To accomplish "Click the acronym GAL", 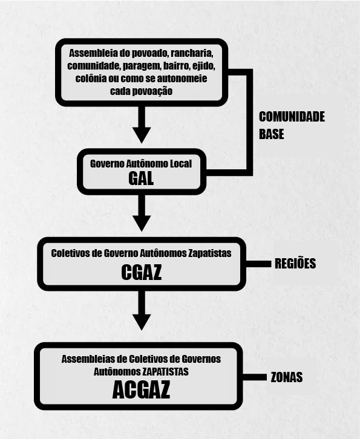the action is coord(141,178).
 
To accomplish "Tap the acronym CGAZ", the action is coord(142,272).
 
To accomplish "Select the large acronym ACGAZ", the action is coord(141,389).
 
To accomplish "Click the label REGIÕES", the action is coord(295,264).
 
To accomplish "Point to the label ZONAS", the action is coord(287,377).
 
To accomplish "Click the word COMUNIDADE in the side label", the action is coord(292,117).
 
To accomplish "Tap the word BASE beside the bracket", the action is coord(271,134).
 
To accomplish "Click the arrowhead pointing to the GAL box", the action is coord(142,135).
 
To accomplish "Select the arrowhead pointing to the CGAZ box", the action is coord(142,223).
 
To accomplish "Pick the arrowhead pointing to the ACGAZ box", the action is coord(142,322).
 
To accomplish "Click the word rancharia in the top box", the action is coord(194,53).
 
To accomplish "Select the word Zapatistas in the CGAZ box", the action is coord(209,253).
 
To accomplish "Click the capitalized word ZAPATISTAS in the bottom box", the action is coord(165,371).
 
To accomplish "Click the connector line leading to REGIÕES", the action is coord(258,264).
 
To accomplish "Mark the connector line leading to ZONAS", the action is coord(254,377).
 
